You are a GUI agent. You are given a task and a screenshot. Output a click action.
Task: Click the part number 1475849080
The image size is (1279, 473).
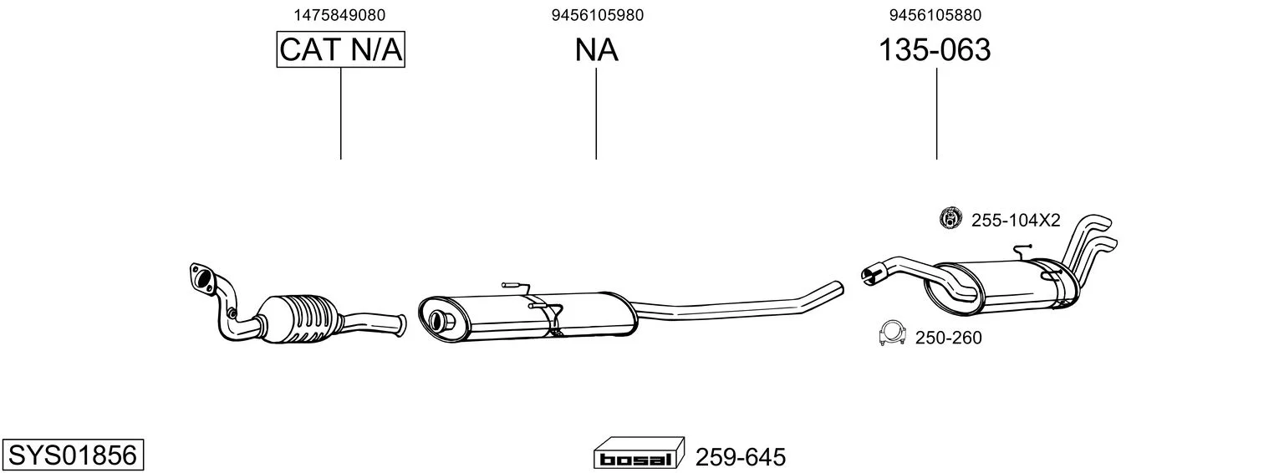[x=339, y=15]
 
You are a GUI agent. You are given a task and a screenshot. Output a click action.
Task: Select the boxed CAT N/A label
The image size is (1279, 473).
[x=341, y=49]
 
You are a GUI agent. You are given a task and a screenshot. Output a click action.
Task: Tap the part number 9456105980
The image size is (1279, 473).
[x=597, y=15]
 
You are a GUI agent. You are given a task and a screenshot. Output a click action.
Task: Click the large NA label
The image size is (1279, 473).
[x=596, y=49]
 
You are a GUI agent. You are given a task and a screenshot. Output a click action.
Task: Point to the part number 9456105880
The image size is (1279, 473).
[x=935, y=15]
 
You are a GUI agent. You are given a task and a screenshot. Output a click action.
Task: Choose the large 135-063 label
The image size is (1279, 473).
[x=935, y=49]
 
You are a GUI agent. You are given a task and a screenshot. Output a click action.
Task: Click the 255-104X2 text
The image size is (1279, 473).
[x=1016, y=221]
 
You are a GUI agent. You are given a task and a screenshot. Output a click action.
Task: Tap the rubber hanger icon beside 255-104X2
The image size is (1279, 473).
[x=950, y=217]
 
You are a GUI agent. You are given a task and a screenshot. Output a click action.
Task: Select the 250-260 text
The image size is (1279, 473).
[x=949, y=338]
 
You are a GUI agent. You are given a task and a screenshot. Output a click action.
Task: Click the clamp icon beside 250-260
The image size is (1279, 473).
[x=893, y=333]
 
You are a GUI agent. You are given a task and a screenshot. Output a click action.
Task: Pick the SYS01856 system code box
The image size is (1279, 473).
[x=73, y=455]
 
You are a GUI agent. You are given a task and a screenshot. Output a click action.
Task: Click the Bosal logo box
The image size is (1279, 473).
[x=639, y=454]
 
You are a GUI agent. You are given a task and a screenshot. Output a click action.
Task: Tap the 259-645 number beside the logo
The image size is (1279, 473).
[x=740, y=457]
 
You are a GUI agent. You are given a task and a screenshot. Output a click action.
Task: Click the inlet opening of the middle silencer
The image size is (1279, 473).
[x=440, y=321]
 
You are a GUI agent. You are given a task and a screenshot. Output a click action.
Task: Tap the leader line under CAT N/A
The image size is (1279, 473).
[x=341, y=114]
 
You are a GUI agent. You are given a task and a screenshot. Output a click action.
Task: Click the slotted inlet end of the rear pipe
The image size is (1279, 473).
[x=871, y=273]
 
